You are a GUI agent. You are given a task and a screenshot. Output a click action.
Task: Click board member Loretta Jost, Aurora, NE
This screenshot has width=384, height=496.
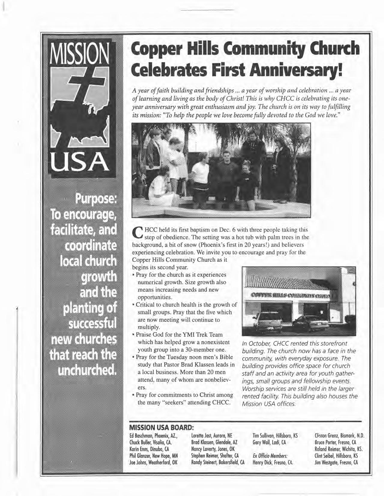click(212, 435)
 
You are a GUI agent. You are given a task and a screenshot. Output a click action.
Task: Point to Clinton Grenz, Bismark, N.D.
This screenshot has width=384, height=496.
click(339, 435)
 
